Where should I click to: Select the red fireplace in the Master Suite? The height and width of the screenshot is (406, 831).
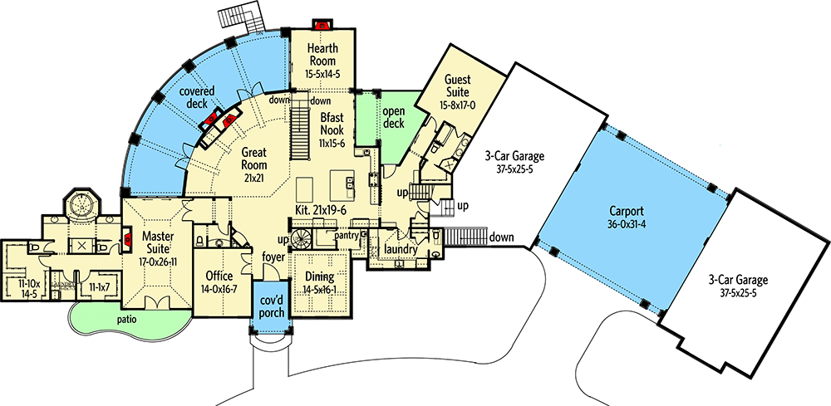click(127, 242)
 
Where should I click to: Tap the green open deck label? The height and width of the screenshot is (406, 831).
click(392, 117)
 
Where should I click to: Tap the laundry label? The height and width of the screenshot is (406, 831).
click(400, 247)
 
